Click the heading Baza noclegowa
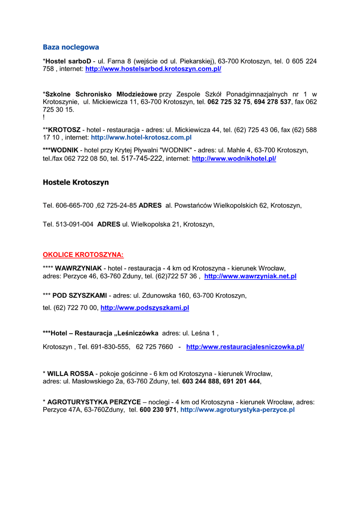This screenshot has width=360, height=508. point(71,47)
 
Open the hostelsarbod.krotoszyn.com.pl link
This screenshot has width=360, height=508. point(153,69)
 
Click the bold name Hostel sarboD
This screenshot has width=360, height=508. point(68,61)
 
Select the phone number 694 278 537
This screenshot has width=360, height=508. point(273,102)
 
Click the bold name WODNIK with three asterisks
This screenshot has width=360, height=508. point(61,150)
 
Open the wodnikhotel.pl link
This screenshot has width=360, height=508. point(234,159)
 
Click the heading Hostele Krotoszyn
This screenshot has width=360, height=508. point(75,182)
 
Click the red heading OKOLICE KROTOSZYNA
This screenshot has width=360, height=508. point(83,255)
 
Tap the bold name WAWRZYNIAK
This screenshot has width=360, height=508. point(78,268)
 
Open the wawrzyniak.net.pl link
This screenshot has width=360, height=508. point(250,276)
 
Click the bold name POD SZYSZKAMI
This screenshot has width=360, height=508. point(81,295)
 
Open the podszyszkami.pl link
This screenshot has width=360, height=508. point(144,308)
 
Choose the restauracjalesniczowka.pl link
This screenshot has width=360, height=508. point(245,347)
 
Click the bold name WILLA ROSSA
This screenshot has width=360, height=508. point(71,373)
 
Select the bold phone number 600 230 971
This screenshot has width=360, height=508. point(158,410)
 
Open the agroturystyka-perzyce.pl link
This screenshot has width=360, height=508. point(237,410)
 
